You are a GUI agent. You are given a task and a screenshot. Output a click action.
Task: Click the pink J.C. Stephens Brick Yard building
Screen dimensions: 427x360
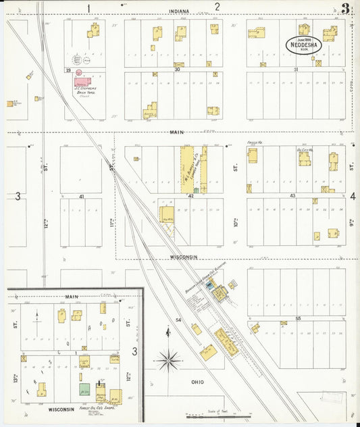(84, 82)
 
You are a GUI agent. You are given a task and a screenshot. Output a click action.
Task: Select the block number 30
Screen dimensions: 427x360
(177, 70)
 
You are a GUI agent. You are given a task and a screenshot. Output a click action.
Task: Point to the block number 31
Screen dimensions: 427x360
(295, 70)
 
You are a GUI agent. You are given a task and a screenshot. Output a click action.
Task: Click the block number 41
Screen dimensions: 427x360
(80, 196)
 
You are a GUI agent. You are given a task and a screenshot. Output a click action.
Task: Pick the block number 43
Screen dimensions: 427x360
(292, 195)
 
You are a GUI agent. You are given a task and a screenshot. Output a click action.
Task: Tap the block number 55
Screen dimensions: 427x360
(298, 318)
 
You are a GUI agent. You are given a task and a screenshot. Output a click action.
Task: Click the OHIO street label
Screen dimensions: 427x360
(197, 382)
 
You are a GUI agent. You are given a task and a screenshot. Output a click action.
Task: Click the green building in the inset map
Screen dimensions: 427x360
(85, 390)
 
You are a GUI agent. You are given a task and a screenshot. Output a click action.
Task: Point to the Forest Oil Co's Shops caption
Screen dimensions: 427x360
(95, 408)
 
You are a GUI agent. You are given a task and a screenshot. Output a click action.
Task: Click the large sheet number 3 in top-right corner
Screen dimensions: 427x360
(346, 9)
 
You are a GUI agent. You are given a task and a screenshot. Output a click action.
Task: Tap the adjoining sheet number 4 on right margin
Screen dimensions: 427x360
(353, 196)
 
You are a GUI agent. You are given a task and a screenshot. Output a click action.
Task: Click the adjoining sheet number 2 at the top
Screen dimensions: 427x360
(217, 7)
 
